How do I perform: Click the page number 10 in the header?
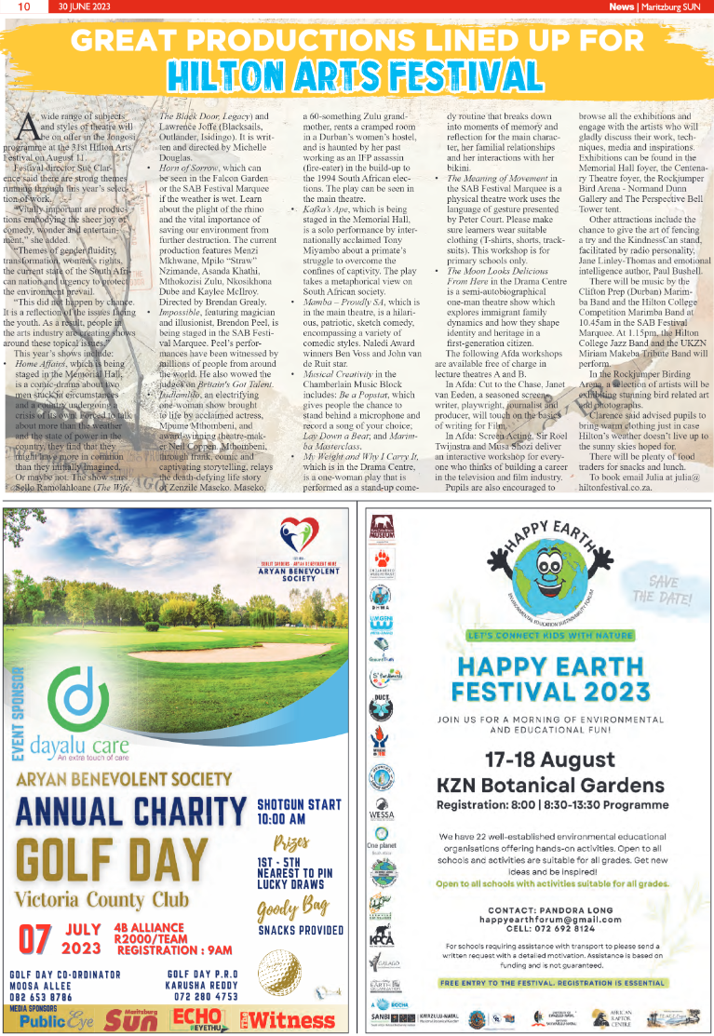click(x=19, y=7)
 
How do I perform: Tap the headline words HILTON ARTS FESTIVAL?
click(x=357, y=74)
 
